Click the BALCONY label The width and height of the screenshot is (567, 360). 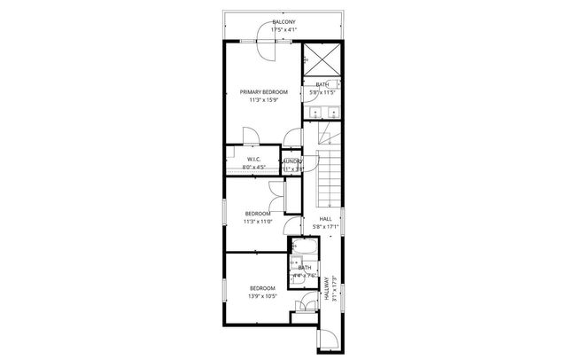(283, 21)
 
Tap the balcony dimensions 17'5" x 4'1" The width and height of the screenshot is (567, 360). (283, 29)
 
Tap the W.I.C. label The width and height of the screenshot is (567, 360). (253, 160)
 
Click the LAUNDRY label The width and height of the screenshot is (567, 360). (292, 160)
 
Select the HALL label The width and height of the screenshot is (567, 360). (325, 218)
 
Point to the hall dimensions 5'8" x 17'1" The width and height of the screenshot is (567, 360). (325, 226)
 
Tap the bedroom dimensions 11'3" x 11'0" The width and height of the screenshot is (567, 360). (258, 222)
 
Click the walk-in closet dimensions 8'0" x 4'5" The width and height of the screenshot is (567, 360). (253, 168)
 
